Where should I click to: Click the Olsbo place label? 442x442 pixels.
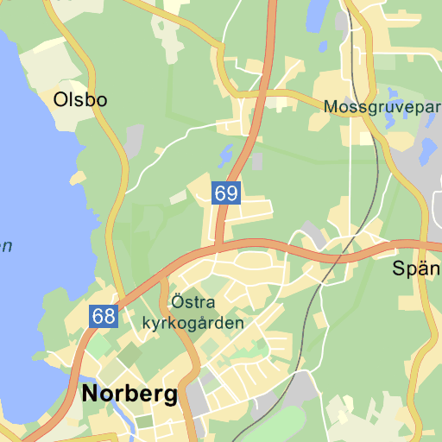[80, 99]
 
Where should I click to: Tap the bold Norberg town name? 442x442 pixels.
[129, 395]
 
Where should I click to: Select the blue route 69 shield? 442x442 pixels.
[226, 193]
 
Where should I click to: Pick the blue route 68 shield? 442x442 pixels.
[103, 316]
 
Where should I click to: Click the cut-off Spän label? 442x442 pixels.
[416, 268]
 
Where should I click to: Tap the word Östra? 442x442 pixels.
[193, 303]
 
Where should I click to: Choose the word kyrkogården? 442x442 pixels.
[193, 323]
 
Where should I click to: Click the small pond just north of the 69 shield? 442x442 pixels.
[227, 156]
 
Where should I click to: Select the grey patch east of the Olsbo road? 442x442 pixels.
[135, 139]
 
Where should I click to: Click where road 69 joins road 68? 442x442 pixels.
[219, 249]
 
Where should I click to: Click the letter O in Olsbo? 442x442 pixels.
[60, 99]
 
